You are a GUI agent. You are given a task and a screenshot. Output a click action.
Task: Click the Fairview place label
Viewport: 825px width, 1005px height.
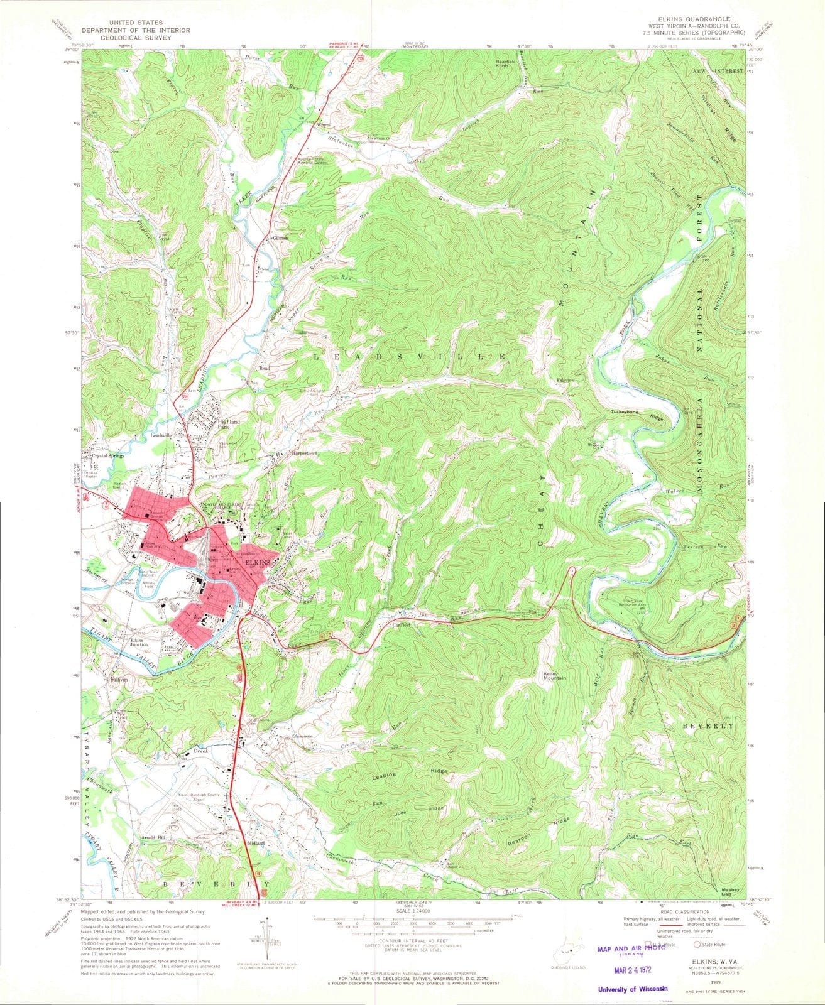566,381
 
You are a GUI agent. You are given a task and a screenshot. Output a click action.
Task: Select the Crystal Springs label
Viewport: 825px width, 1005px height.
108,457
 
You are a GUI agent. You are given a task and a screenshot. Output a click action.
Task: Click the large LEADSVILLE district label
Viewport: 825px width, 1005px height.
410,356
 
